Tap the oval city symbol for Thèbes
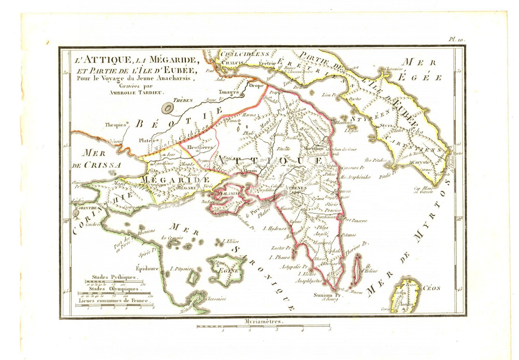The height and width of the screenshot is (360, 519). (168, 108)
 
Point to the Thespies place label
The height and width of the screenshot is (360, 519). (116, 125)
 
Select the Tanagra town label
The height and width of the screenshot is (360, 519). (228, 92)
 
